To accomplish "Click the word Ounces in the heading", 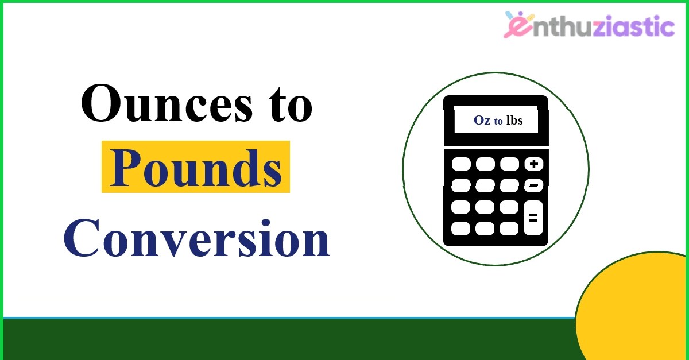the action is (167, 103).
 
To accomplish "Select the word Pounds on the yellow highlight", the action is (196, 169).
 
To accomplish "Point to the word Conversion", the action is (197, 238).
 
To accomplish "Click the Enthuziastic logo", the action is (589, 25).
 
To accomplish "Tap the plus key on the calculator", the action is (533, 164).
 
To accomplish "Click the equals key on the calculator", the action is (533, 218).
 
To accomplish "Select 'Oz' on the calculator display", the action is (482, 121).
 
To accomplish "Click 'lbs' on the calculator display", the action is (514, 120).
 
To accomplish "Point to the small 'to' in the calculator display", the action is (498, 121).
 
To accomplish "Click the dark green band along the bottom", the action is (289, 339).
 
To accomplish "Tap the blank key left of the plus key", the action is (510, 164).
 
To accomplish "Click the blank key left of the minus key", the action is (509, 185).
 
